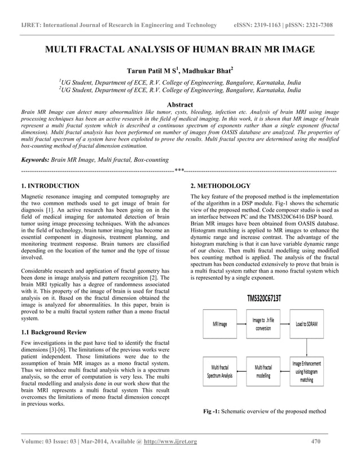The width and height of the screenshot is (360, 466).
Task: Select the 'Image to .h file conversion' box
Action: coord(263,324)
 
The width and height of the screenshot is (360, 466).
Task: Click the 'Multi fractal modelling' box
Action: coord(263,372)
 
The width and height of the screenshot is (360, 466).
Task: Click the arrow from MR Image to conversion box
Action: coord(242,324)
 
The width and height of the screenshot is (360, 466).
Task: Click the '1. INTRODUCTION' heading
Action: coord(50,186)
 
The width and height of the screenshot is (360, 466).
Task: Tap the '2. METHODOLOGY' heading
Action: coord(220,186)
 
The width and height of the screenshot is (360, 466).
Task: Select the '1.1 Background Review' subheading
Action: coord(54,332)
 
